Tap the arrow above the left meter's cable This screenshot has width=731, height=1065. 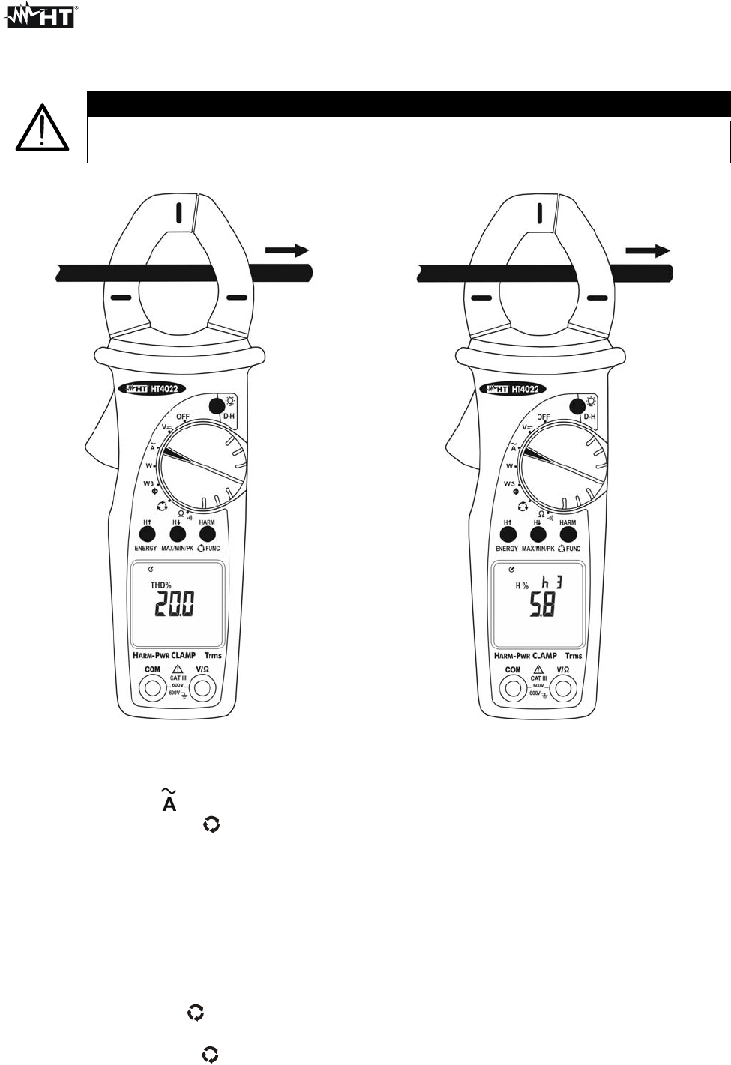pos(286,250)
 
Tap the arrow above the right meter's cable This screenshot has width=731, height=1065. pos(647,251)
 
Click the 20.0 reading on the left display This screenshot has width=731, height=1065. pos(174,604)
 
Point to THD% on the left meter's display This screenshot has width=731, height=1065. pos(161,585)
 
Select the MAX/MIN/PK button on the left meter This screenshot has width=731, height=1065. pos(178,534)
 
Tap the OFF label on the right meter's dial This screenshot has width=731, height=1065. pos(544,417)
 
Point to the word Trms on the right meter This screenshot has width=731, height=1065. pos(574,656)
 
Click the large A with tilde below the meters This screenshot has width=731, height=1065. pos(169,800)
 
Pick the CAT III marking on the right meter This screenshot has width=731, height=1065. pos(538,678)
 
